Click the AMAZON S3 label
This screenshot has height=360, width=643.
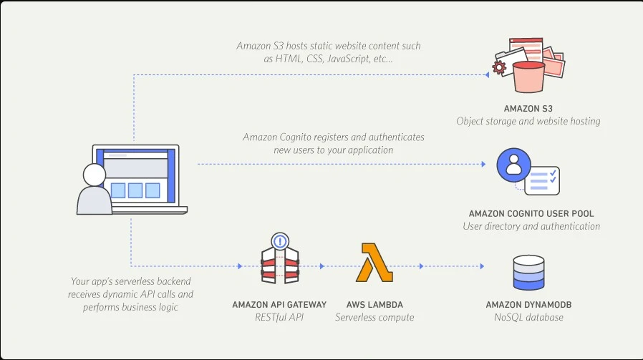[x=528, y=108]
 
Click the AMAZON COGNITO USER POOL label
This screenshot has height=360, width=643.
[x=531, y=213]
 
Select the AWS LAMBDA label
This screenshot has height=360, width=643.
[x=374, y=304]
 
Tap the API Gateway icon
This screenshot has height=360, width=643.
[x=279, y=261]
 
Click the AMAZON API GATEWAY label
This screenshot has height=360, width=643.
[x=279, y=304]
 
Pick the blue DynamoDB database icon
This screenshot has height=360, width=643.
[x=528, y=270]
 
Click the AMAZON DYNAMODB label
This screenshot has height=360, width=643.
[x=528, y=304]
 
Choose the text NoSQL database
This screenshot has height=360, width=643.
[x=528, y=317]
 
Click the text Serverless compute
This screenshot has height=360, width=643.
[x=374, y=317]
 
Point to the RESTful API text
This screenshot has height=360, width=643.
[x=279, y=317]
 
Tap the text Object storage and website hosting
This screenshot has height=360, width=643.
[x=528, y=121]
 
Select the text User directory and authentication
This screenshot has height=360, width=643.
[x=531, y=226]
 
